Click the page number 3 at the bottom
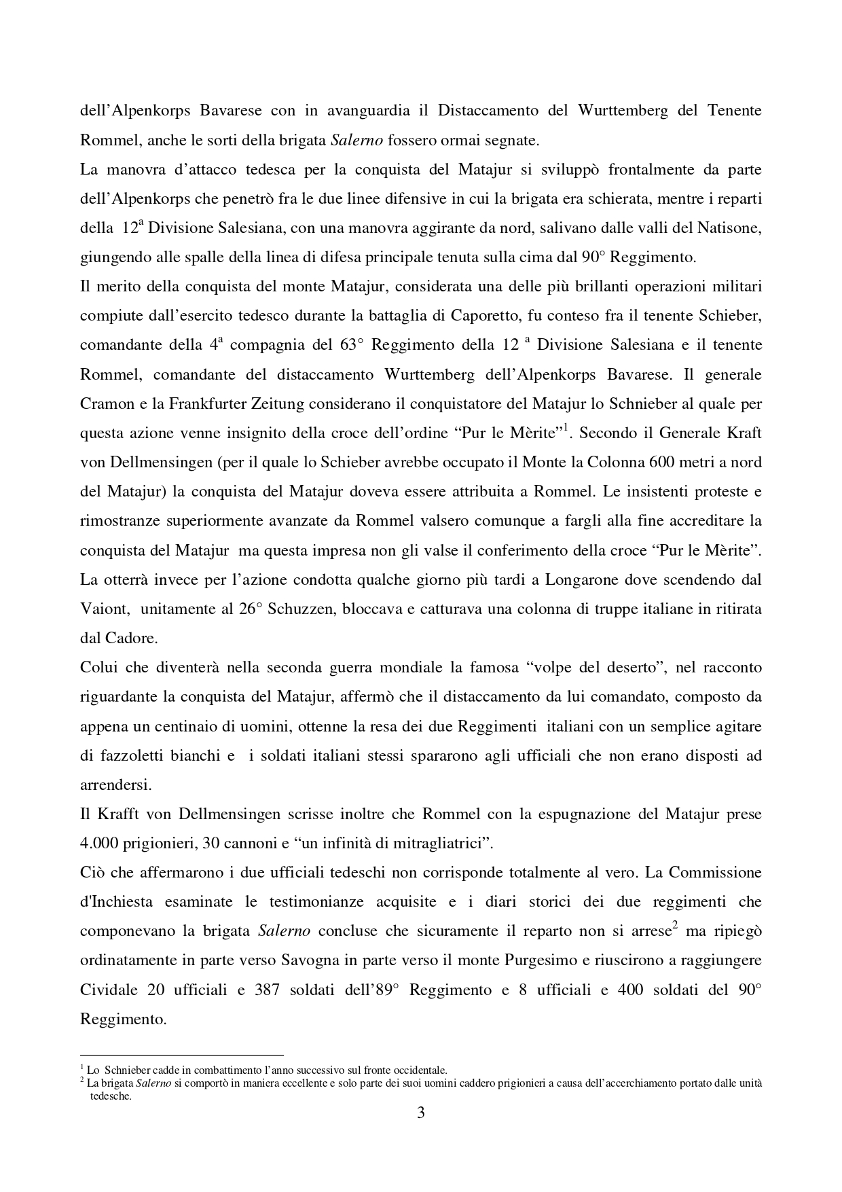point(421,1113)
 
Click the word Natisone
point(730,228)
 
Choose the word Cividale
point(108,990)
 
